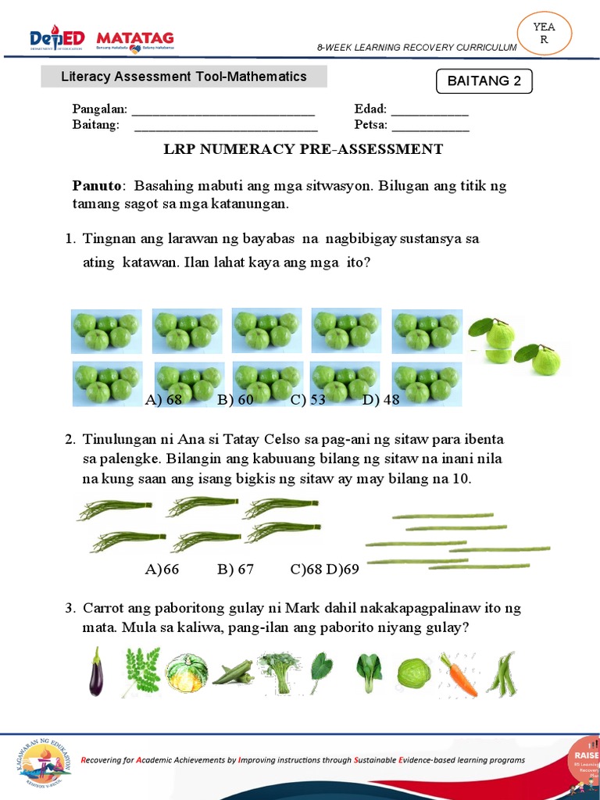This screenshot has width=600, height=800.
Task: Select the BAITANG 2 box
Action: [484, 81]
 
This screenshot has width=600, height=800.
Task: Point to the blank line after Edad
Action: [430, 110]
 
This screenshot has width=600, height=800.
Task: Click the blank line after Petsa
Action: [430, 125]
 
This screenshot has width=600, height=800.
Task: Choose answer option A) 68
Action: [163, 400]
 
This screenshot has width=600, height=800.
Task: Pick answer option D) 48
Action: [380, 400]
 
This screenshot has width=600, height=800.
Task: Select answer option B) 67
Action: [236, 569]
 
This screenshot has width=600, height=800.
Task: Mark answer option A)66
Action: [162, 569]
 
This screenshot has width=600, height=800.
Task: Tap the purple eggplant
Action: [95, 672]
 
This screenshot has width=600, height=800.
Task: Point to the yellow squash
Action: [187, 673]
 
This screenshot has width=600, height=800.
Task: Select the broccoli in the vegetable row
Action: [275, 672]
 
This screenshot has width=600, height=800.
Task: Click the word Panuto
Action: [97, 186]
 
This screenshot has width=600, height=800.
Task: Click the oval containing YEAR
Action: [545, 34]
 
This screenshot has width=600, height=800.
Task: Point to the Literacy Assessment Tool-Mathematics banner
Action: [184, 77]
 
